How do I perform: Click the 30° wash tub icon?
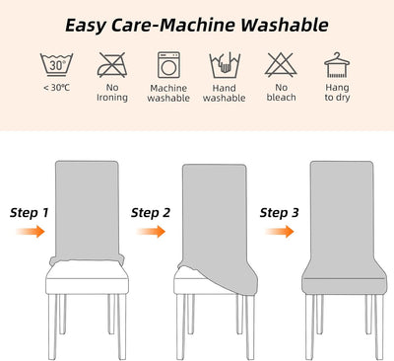tap(56, 65)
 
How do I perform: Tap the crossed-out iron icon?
tap(112, 65)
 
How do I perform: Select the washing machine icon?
tap(168, 65)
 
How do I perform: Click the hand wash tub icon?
tap(225, 65)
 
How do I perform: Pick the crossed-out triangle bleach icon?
tap(281, 64)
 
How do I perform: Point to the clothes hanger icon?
tap(337, 65)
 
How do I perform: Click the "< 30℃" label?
tap(56, 88)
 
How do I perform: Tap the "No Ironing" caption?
tap(112, 93)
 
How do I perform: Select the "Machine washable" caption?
tap(168, 93)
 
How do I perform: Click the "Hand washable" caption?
tap(225, 93)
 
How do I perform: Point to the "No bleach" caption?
tap(281, 93)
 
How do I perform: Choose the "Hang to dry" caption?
tap(337, 93)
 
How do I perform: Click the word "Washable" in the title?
tap(285, 25)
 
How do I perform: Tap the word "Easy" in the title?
tap(86, 26)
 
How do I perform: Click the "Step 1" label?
tap(30, 213)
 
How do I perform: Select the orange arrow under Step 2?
tap(151, 232)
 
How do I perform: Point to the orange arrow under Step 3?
tap(280, 232)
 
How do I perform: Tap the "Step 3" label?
tap(280, 213)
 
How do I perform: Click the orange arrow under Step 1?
tap(31, 232)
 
